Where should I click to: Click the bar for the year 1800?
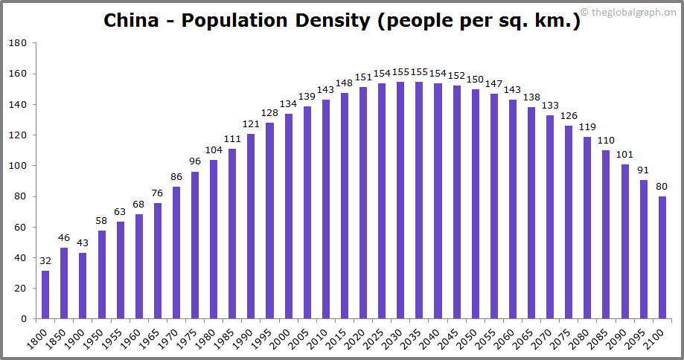coord(45,295)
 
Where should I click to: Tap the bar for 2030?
coord(400,200)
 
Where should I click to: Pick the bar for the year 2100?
coord(662,257)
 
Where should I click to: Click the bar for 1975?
coord(195,245)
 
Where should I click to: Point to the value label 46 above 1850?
coord(64,238)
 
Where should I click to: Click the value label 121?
coord(251,123)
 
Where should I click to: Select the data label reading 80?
coord(662,187)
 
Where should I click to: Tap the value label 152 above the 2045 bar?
coord(456,76)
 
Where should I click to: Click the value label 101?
coord(624,154)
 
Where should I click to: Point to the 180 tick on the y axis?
coord(18,43)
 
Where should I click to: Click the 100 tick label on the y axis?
coord(18,166)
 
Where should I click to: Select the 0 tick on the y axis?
coord(24,319)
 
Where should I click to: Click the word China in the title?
coord(130,20)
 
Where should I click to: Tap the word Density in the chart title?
coord(333,20)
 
